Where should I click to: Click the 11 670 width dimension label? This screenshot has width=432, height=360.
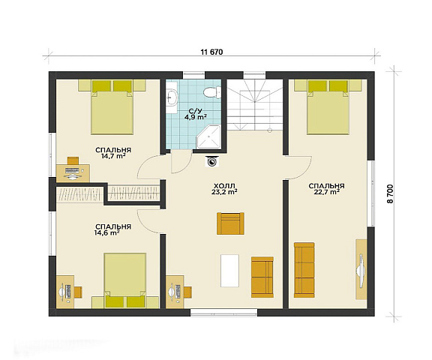[211, 52]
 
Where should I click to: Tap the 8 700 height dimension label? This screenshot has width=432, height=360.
[391, 193]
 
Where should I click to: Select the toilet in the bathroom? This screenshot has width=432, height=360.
[212, 91]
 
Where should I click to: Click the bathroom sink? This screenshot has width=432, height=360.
[172, 98]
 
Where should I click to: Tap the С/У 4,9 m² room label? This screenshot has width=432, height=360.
[195, 114]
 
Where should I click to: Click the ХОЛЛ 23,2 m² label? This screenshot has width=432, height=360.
[224, 189]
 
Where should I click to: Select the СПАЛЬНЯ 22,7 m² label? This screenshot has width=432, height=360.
[326, 189]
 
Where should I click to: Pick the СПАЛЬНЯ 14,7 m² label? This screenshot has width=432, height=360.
[113, 153]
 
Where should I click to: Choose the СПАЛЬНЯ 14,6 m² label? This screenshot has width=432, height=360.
[113, 229]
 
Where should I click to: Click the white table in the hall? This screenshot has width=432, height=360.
[229, 271]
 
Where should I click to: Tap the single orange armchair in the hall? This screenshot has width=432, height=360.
[230, 223]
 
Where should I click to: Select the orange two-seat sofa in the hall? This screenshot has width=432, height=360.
[262, 277]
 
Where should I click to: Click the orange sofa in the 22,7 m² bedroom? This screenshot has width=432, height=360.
[304, 270]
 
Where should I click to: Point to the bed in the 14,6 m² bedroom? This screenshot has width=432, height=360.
[125, 280]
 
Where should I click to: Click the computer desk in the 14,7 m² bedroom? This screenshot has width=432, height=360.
[73, 173]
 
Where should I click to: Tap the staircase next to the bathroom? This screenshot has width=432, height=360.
[254, 105]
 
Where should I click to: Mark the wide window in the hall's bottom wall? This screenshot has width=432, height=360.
[224, 313]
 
